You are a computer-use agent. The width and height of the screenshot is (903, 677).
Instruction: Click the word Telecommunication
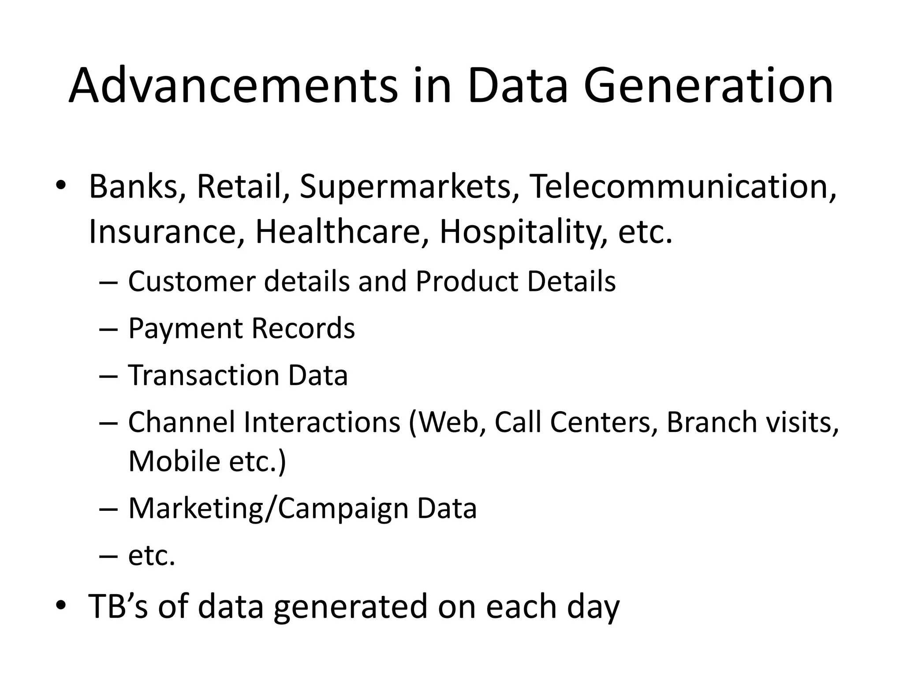coord(682,186)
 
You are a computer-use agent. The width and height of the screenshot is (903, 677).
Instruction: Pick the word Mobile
coord(174,461)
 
